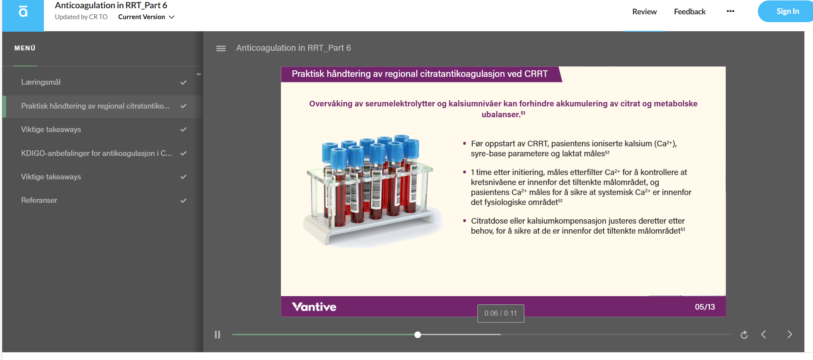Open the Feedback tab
[x=689, y=12]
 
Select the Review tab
[x=644, y=12]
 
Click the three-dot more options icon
[x=731, y=11]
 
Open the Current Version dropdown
[x=146, y=17]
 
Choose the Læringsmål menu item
[x=41, y=82]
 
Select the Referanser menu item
[x=39, y=200]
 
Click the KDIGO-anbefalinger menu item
[x=96, y=153]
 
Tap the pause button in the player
[x=217, y=334]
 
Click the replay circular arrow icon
[x=744, y=335]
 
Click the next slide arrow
[x=790, y=334]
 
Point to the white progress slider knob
[x=418, y=335]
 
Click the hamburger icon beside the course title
[x=221, y=48]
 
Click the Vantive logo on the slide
[x=314, y=307]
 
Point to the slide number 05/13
[x=705, y=307]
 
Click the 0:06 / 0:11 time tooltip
[x=500, y=314]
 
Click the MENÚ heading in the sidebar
[x=25, y=48]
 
